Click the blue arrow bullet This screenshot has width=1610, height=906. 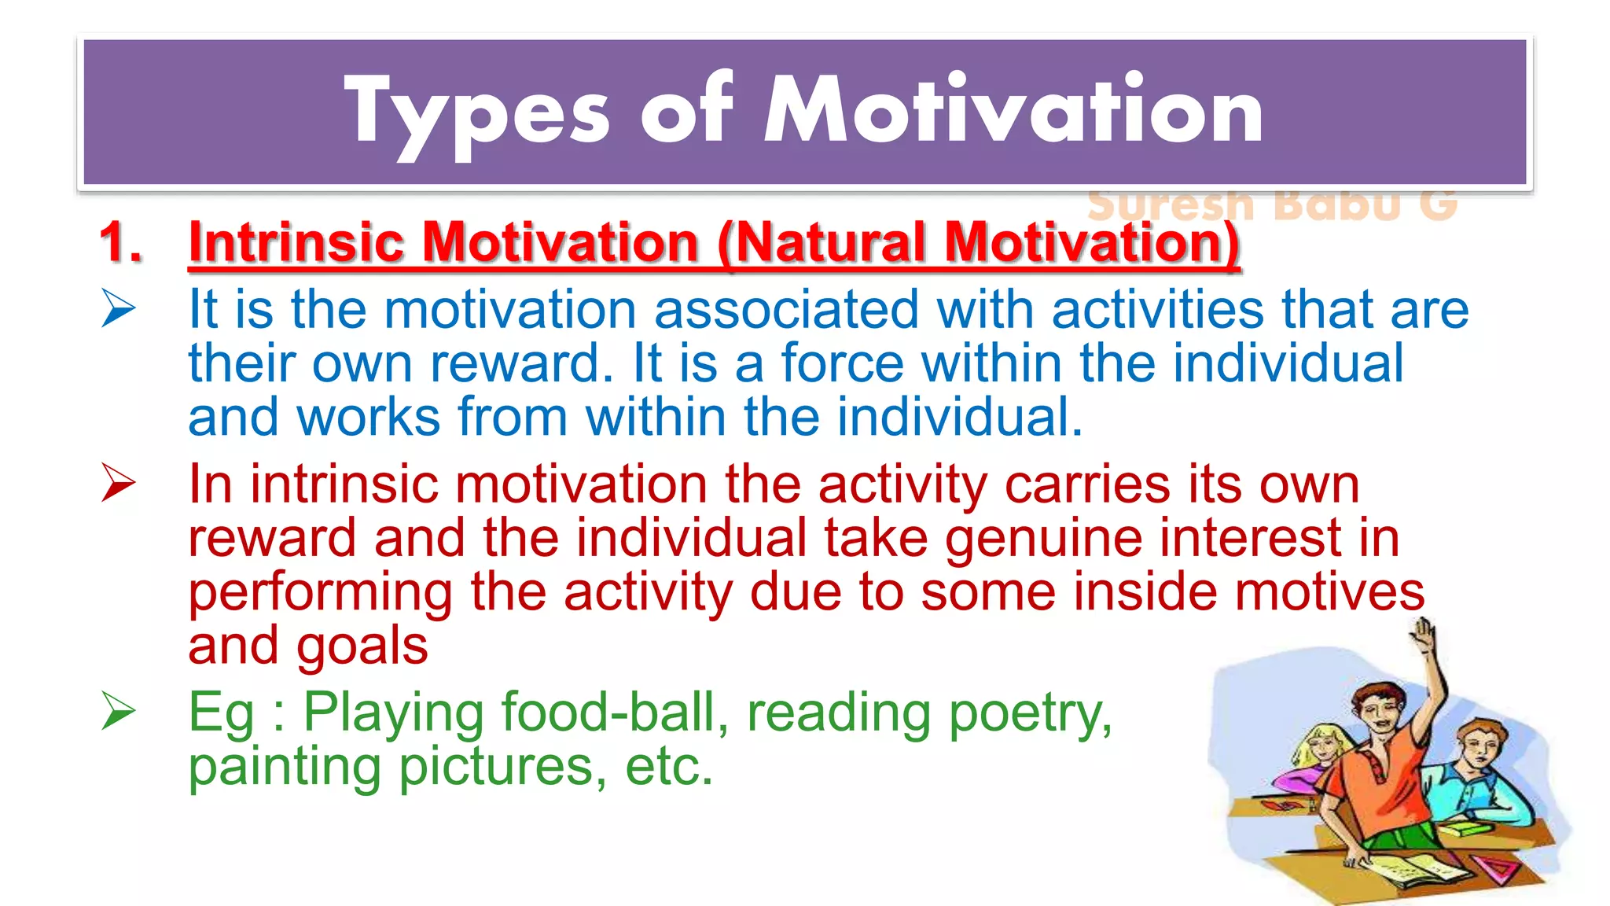[119, 308]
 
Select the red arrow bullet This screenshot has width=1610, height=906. [119, 483]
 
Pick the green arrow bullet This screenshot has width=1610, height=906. [119, 711]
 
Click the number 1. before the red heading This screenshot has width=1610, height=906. [121, 241]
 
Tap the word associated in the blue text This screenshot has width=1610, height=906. [786, 308]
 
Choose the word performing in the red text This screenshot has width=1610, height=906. [321, 593]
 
